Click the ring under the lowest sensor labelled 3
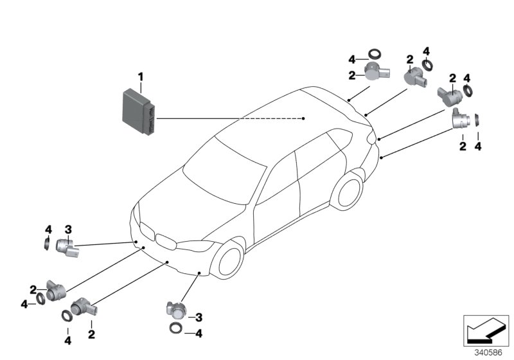pos(175,329)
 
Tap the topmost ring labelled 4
pos(375,55)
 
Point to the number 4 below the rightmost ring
pos(478,147)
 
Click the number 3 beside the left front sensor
pos(67,229)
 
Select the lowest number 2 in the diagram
pos(91,334)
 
